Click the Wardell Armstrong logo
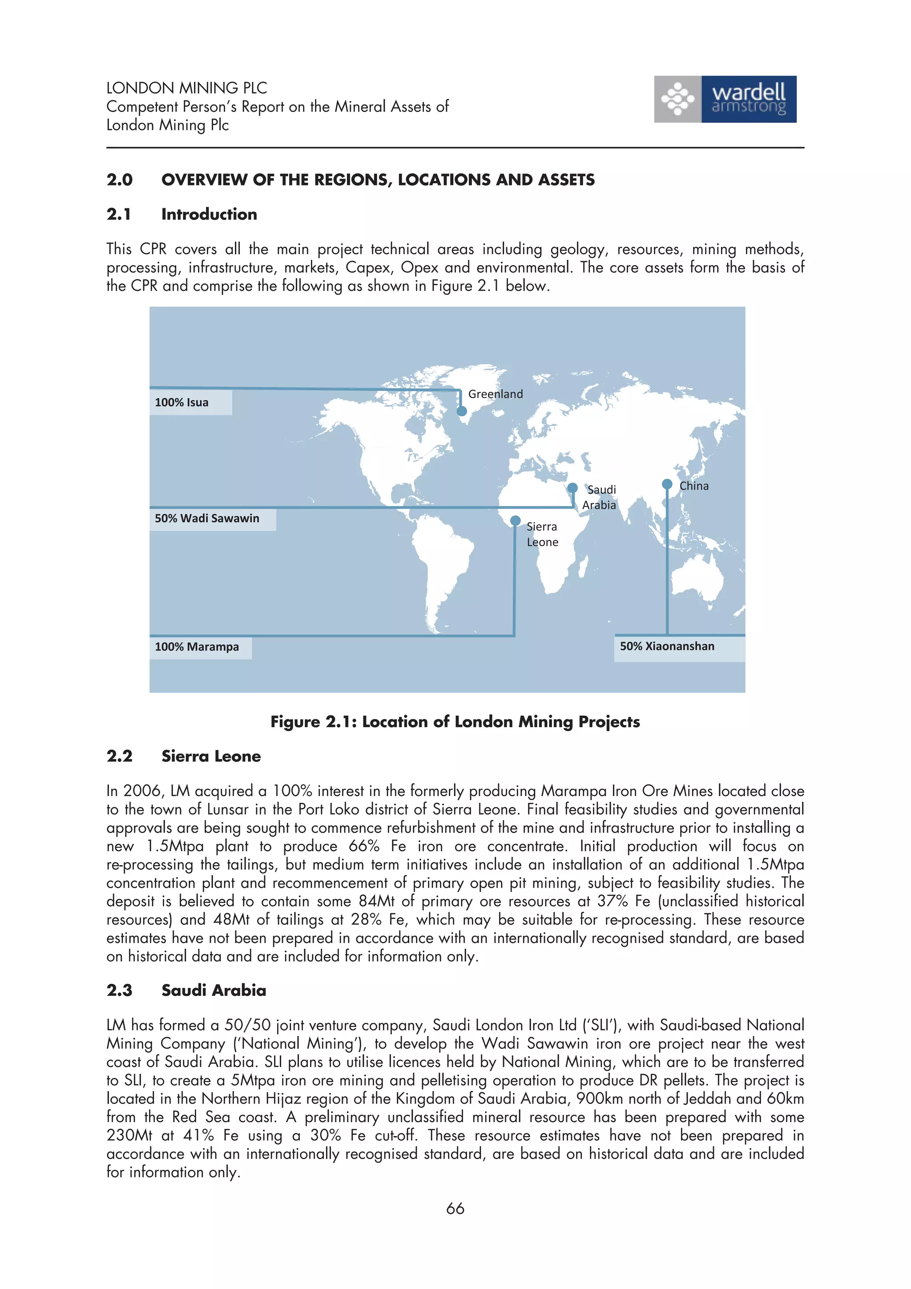(725, 99)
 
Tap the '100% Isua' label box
(190, 403)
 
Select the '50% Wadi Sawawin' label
(212, 519)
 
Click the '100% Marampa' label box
(200, 647)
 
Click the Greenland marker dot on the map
(461, 411)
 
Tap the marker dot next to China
(667, 484)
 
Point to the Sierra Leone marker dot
(515, 521)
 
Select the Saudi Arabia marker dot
(572, 487)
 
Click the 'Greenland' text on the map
(495, 394)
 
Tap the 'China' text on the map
(694, 486)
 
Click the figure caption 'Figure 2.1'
(455, 722)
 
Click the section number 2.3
(120, 991)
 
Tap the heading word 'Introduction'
(209, 214)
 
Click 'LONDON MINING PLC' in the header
(186, 88)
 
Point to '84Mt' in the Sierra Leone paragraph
(377, 901)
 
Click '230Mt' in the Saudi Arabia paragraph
(129, 1135)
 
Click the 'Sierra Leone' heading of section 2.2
(211, 756)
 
